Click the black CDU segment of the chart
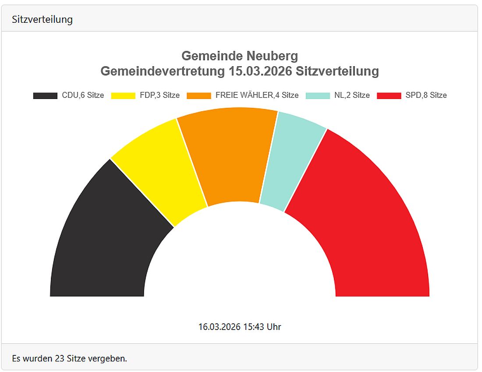pyautogui.click(x=105, y=245)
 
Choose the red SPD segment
pyautogui.click(x=368, y=228)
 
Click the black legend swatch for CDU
pyautogui.click(x=45, y=96)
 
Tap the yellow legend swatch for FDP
pyautogui.click(x=123, y=96)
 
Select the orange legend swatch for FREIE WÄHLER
pyautogui.click(x=199, y=96)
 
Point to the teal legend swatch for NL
pyautogui.click(x=318, y=96)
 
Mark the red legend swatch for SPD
pyautogui.click(x=389, y=96)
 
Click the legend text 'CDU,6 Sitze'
pyautogui.click(x=83, y=95)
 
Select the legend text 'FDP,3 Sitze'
pyautogui.click(x=159, y=95)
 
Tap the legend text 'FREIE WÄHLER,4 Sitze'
pyautogui.click(x=257, y=95)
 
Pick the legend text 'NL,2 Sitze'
pyautogui.click(x=352, y=95)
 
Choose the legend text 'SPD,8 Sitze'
pyautogui.click(x=426, y=95)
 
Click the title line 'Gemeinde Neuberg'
pyautogui.click(x=240, y=56)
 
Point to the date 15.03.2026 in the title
pyautogui.click(x=260, y=71)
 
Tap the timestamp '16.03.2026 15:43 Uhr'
pyautogui.click(x=240, y=326)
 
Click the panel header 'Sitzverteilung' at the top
pyautogui.click(x=42, y=19)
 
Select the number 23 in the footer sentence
pyautogui.click(x=60, y=358)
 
